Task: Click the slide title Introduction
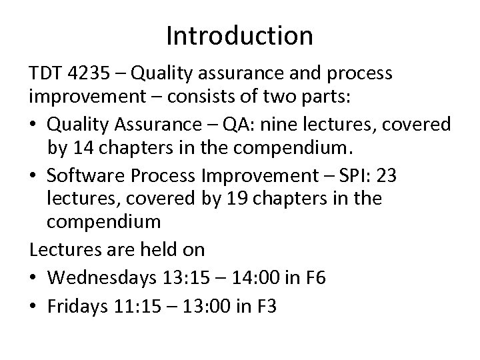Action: pos(239,35)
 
